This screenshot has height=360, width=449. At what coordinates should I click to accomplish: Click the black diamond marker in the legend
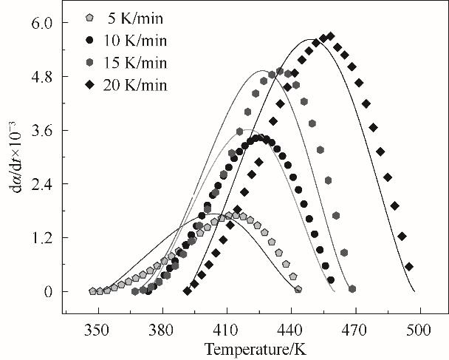pyautogui.click(x=89, y=85)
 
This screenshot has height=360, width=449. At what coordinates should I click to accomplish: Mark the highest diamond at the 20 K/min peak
pyautogui.click(x=330, y=36)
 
